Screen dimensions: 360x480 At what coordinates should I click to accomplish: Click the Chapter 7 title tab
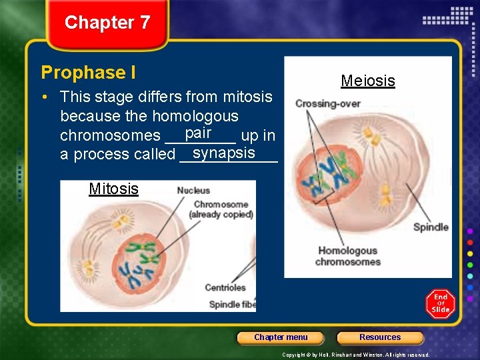tap(107, 23)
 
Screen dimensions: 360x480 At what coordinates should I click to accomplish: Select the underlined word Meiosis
tap(367, 81)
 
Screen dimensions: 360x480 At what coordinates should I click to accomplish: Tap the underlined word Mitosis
tap(113, 189)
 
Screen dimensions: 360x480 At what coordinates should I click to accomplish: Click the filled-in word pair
tap(199, 133)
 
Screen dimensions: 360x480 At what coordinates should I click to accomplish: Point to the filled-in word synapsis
tap(223, 153)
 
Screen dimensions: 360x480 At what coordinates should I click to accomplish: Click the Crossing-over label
tap(327, 103)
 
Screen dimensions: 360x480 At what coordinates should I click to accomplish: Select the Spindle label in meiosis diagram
tap(430, 227)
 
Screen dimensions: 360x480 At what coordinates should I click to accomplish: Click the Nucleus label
tap(193, 191)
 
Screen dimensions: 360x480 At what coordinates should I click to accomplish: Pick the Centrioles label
tap(225, 288)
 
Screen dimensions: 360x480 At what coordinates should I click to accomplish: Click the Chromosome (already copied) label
tap(221, 209)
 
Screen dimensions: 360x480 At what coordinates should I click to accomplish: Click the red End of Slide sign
tap(440, 303)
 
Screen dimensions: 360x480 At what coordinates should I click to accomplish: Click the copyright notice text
tap(355, 355)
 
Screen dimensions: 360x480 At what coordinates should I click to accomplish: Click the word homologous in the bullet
tap(195, 116)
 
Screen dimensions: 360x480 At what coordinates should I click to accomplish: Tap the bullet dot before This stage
tap(43, 97)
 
